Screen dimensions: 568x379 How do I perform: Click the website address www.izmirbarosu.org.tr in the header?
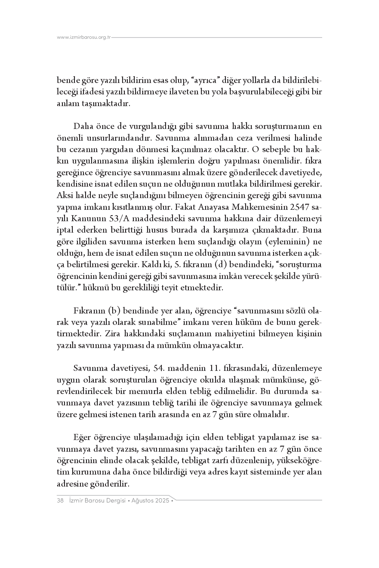point(84,38)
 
